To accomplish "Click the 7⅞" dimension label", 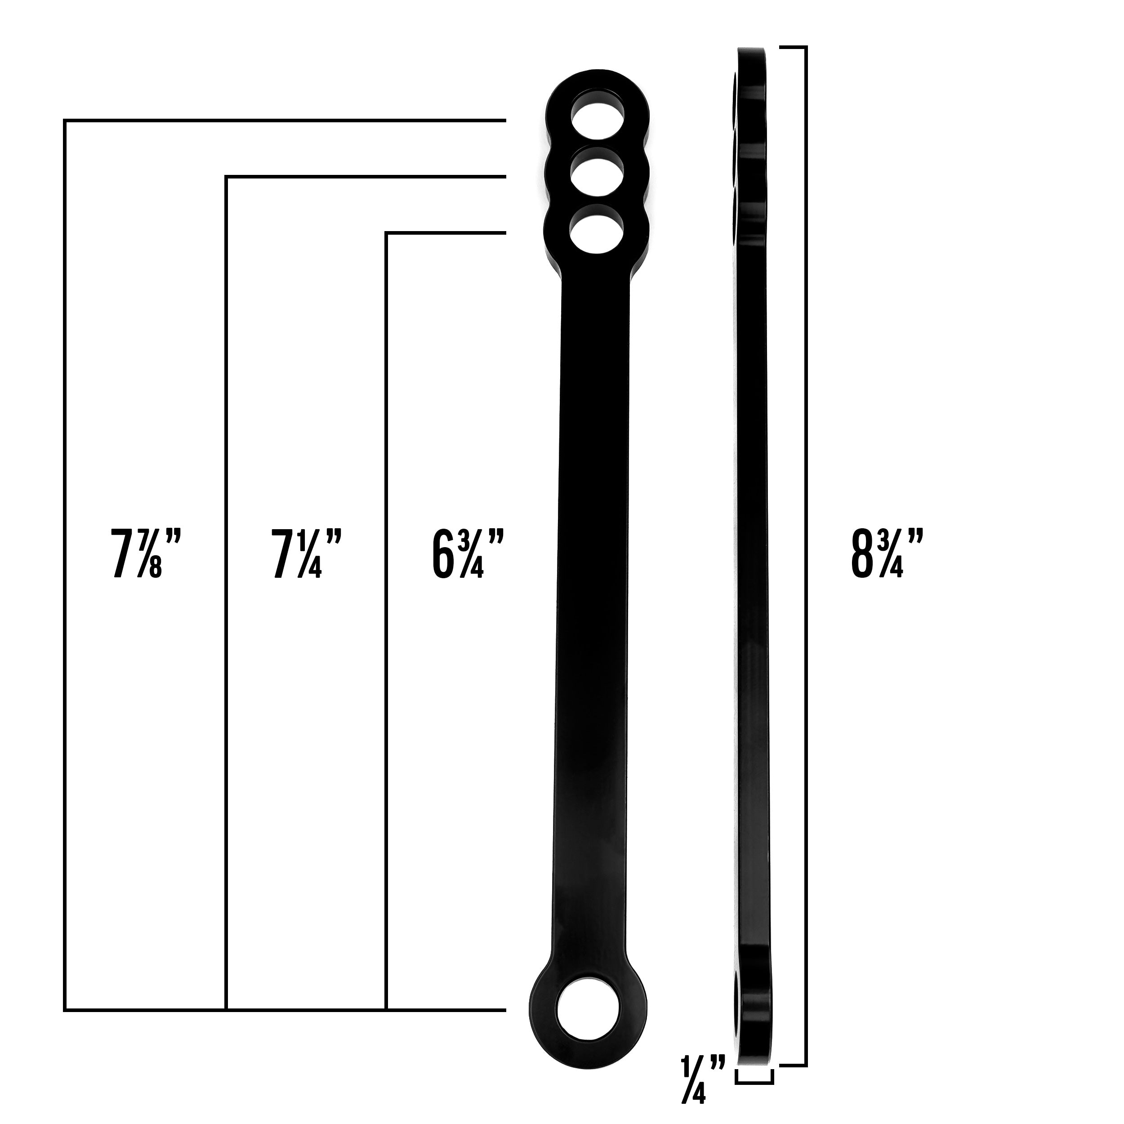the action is [146, 553].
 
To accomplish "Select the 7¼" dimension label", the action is [307, 553].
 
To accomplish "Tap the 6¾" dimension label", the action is [467, 553].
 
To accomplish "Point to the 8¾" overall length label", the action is [887, 553].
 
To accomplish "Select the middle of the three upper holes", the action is [598, 174].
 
